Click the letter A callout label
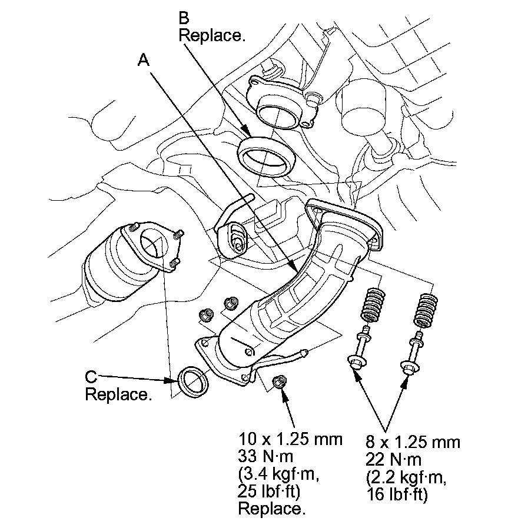[144, 60]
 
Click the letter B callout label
[184, 18]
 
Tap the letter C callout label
[91, 376]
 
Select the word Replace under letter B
[211, 35]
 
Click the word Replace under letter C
[118, 394]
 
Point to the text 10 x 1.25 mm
[290, 439]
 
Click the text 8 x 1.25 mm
[413, 442]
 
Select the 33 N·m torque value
[265, 456]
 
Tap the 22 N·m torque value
[393, 460]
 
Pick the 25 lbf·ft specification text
[269, 492]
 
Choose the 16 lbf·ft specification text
[397, 495]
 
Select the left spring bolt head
[357, 361]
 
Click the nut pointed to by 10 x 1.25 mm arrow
[280, 382]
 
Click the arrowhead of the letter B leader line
[247, 132]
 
